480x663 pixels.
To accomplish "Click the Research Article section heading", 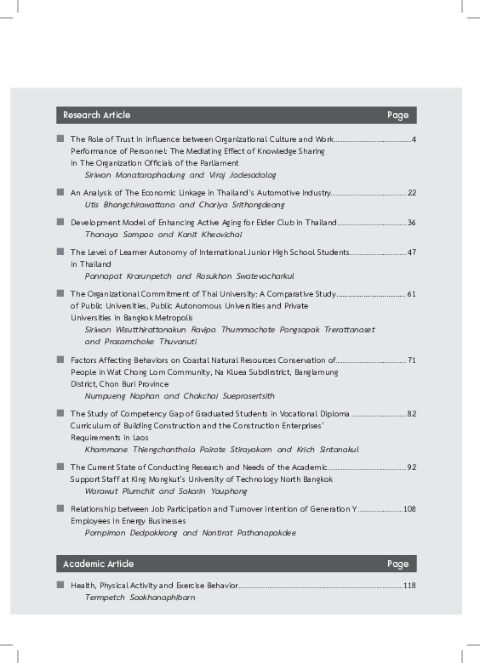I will point(96,115).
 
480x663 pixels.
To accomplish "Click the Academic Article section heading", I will point(98,564).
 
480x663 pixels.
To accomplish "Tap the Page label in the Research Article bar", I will point(397,115).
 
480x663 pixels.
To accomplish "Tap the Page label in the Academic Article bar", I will point(397,564).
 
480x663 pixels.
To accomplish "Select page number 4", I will point(413,139).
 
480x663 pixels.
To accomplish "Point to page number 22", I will point(411,193).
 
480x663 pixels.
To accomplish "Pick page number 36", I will point(411,223).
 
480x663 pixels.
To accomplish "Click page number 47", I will point(411,252).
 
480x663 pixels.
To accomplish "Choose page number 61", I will point(411,293).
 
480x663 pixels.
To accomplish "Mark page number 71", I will point(411,360).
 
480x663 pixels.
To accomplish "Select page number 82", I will point(411,413).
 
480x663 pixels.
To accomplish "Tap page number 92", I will point(411,467).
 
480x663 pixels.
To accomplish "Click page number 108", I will point(409,508).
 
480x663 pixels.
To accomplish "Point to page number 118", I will point(409,586).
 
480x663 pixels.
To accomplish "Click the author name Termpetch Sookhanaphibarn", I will point(140,598).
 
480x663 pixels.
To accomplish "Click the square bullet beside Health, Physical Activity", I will point(60,586).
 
